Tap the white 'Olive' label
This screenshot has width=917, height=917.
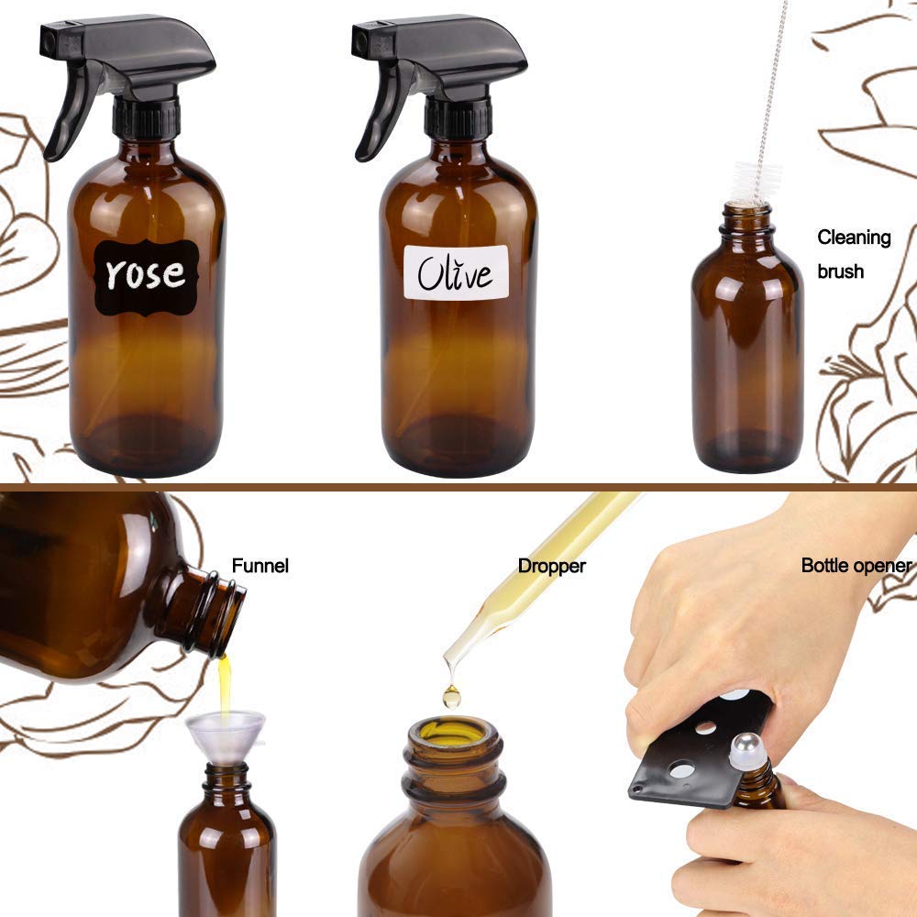[x=456, y=272]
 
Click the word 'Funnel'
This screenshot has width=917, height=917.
[x=260, y=566]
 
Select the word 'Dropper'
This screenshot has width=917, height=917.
[x=551, y=566]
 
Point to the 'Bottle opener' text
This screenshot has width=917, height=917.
[x=856, y=565]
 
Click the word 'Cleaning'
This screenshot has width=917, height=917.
[x=854, y=238]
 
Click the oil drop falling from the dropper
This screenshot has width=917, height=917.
[x=451, y=697]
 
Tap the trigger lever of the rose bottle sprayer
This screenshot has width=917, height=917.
[x=69, y=111]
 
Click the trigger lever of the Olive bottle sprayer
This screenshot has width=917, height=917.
[x=381, y=111]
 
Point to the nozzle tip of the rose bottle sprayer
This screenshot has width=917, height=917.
[x=48, y=39]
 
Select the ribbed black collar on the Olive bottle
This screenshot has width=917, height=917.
[x=458, y=118]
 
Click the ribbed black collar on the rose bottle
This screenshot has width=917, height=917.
[x=146, y=118]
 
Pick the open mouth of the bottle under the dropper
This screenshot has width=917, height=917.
[x=453, y=733]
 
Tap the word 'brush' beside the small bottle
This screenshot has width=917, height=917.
[x=840, y=271]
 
